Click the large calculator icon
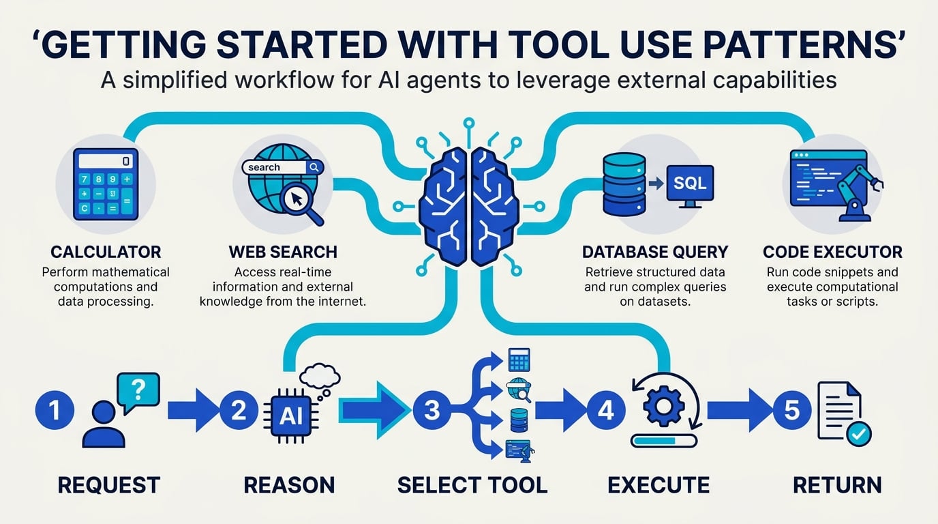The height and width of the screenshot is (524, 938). pyautogui.click(x=106, y=184)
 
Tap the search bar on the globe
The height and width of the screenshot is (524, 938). pyautogui.click(x=283, y=167)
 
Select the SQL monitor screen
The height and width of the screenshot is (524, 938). pyautogui.click(x=690, y=183)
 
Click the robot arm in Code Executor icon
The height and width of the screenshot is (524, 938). pyautogui.click(x=858, y=193)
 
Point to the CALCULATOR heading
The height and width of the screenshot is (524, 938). pyautogui.click(x=106, y=252)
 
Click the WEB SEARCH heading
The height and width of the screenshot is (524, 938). pyautogui.click(x=283, y=252)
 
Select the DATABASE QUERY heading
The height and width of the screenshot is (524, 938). pyautogui.click(x=655, y=252)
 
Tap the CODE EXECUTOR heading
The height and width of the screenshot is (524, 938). pyautogui.click(x=832, y=252)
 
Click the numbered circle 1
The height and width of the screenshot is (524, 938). pyautogui.click(x=55, y=410)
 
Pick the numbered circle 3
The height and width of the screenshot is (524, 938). pyautogui.click(x=432, y=410)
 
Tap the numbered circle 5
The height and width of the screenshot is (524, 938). pyautogui.click(x=792, y=410)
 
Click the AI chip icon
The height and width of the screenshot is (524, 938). pyautogui.click(x=291, y=416)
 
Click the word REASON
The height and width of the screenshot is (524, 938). pyautogui.click(x=289, y=485)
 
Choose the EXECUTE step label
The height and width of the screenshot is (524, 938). pyautogui.click(x=659, y=485)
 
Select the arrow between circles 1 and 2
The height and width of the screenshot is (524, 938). pyautogui.click(x=194, y=410)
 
